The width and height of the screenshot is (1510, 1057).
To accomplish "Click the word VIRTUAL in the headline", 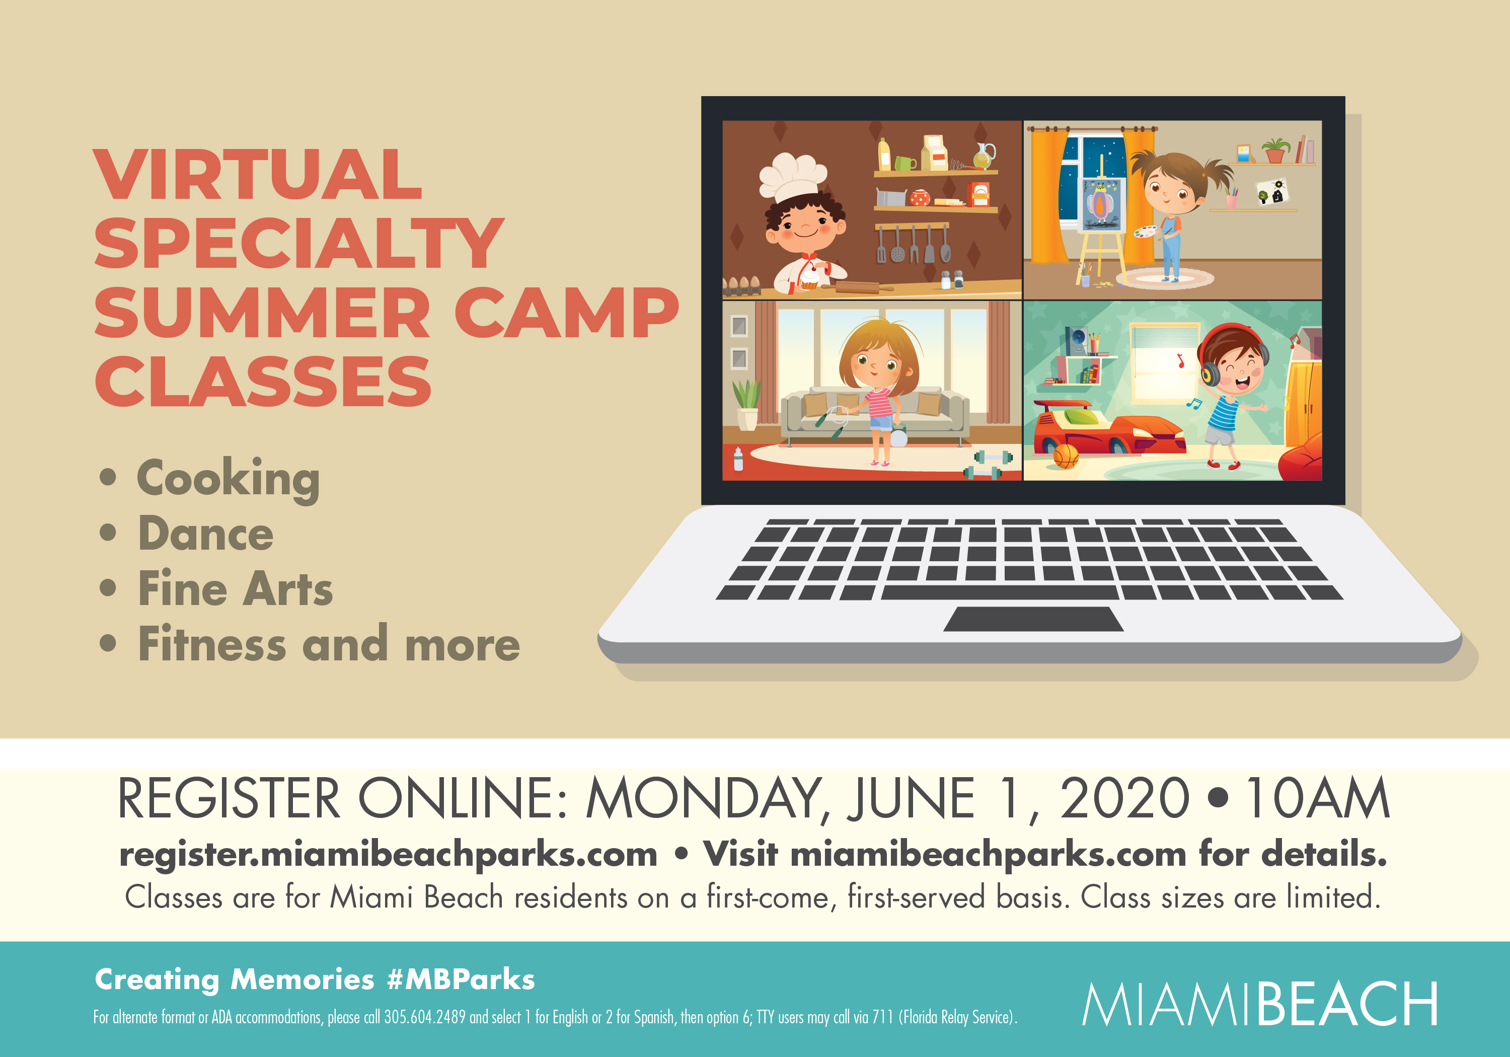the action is click(258, 174).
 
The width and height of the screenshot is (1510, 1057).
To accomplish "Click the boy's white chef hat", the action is click(792, 176).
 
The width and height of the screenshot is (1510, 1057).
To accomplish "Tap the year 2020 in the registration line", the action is click(1124, 798).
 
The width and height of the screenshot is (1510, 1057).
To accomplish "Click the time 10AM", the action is click(1318, 798).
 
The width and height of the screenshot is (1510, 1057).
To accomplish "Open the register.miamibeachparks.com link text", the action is click(388, 855).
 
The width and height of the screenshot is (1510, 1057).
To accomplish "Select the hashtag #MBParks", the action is click(461, 979).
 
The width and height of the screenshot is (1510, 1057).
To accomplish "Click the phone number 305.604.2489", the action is click(425, 1017).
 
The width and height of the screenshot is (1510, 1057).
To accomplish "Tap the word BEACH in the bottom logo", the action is click(1346, 1004).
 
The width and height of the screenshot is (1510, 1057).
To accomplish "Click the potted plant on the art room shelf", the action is click(1275, 150).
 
